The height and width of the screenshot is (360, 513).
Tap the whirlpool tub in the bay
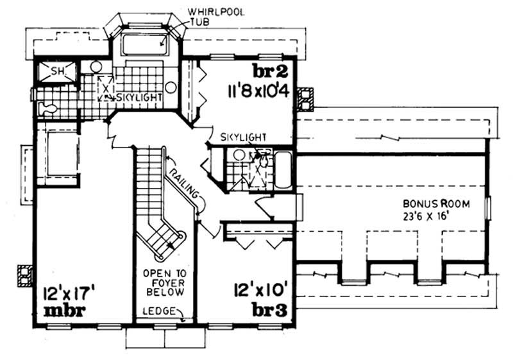[145, 44]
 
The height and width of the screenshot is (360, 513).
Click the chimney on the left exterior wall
[24, 275]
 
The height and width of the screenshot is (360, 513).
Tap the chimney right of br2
[307, 96]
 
